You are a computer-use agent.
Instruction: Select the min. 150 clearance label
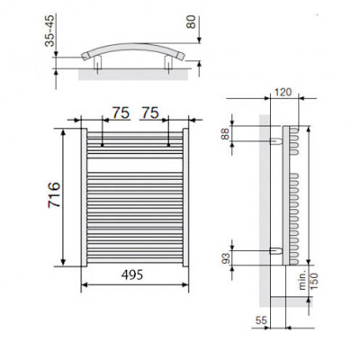click(x=309, y=273)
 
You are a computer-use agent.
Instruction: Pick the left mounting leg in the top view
click(x=94, y=65)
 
